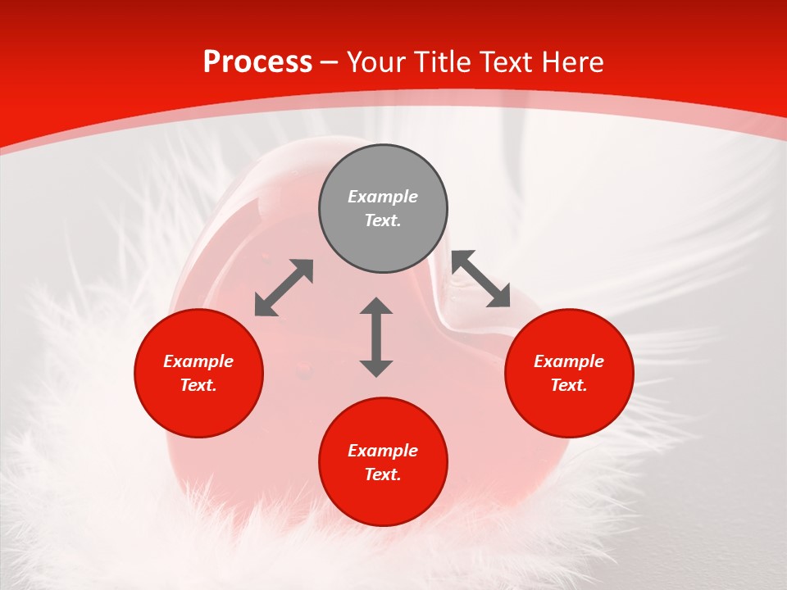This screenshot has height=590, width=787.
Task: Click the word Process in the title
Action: [x=257, y=62]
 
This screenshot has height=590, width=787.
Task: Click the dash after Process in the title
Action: [x=329, y=63]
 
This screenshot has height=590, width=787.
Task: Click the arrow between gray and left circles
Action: [x=284, y=288]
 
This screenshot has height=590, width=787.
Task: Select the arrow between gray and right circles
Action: [x=481, y=279]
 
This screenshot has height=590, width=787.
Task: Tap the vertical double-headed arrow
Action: [x=376, y=337]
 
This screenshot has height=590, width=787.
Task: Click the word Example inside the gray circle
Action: [x=383, y=197]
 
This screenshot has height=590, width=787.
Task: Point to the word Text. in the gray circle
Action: [x=383, y=220]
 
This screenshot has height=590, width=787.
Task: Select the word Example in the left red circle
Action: [x=198, y=361]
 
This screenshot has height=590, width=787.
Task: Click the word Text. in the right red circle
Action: [x=569, y=385]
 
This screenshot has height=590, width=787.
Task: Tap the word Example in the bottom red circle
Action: [x=383, y=451]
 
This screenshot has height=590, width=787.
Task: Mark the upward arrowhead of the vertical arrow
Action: [x=376, y=306]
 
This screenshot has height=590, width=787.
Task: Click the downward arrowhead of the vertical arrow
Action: [x=376, y=368]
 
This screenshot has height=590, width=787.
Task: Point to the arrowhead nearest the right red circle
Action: [x=499, y=297]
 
